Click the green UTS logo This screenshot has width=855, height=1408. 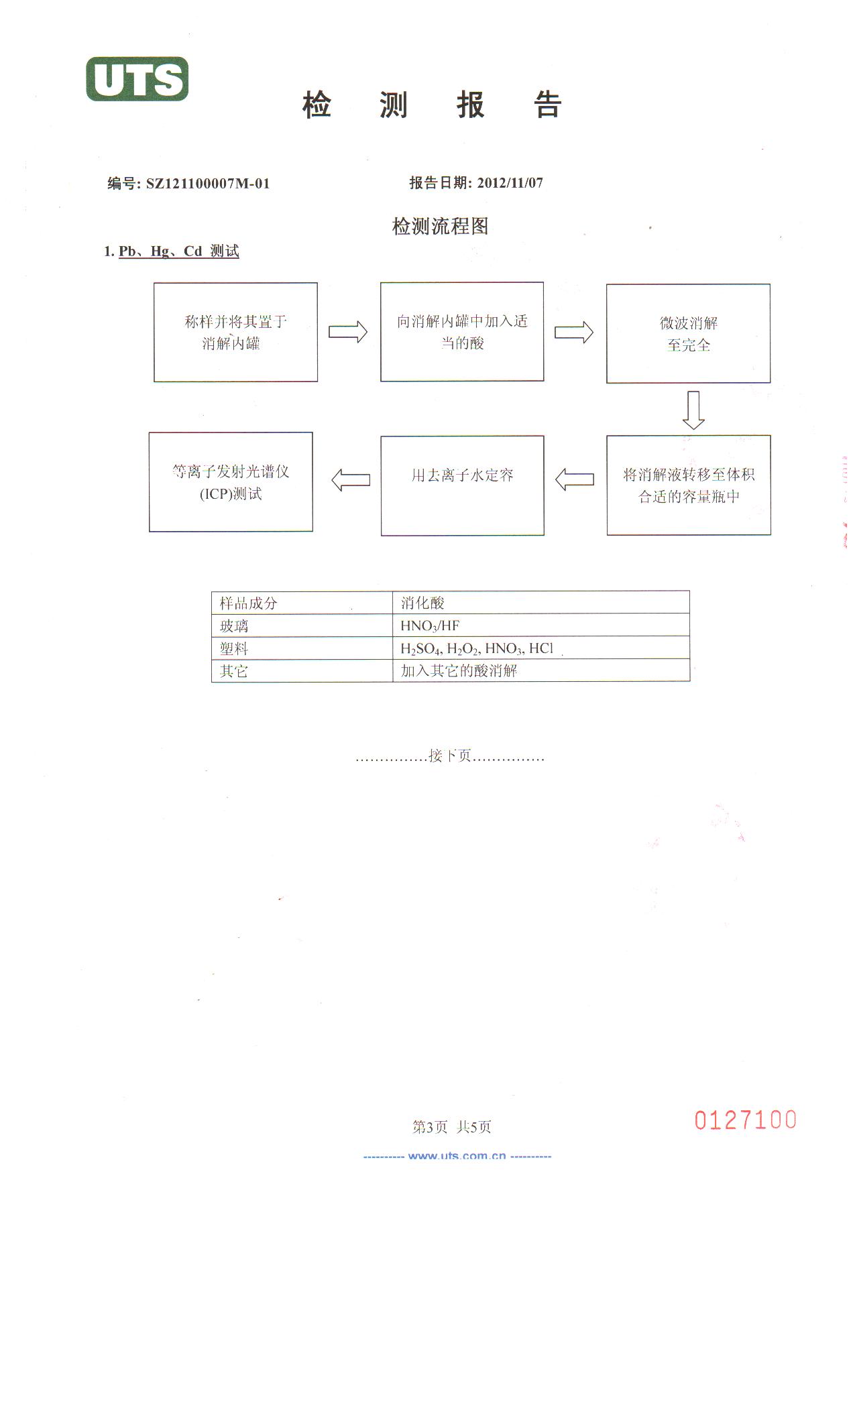click(137, 79)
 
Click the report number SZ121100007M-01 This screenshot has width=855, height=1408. click(208, 184)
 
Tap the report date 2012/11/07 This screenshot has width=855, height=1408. click(510, 183)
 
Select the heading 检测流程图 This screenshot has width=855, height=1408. click(440, 227)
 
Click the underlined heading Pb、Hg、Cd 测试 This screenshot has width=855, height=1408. click(178, 251)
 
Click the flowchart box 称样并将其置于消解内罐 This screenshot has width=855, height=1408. click(235, 333)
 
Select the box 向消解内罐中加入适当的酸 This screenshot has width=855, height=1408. click(462, 332)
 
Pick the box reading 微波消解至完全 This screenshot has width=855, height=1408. click(688, 334)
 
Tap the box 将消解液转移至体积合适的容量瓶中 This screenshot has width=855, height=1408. click(689, 485)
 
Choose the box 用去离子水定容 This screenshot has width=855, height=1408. click(462, 485)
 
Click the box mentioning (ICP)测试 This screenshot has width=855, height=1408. click(231, 482)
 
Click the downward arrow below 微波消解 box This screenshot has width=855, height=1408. click(693, 410)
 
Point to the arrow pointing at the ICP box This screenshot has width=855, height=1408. click(351, 479)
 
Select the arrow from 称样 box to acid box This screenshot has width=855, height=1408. click(348, 332)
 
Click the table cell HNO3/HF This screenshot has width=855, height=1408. click(430, 626)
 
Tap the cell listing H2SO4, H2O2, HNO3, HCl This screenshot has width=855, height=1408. click(477, 648)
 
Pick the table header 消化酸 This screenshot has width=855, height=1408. click(422, 603)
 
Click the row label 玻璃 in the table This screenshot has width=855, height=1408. click(234, 626)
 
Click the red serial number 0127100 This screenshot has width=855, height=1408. click(745, 1120)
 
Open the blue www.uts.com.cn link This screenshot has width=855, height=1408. click(457, 1156)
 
